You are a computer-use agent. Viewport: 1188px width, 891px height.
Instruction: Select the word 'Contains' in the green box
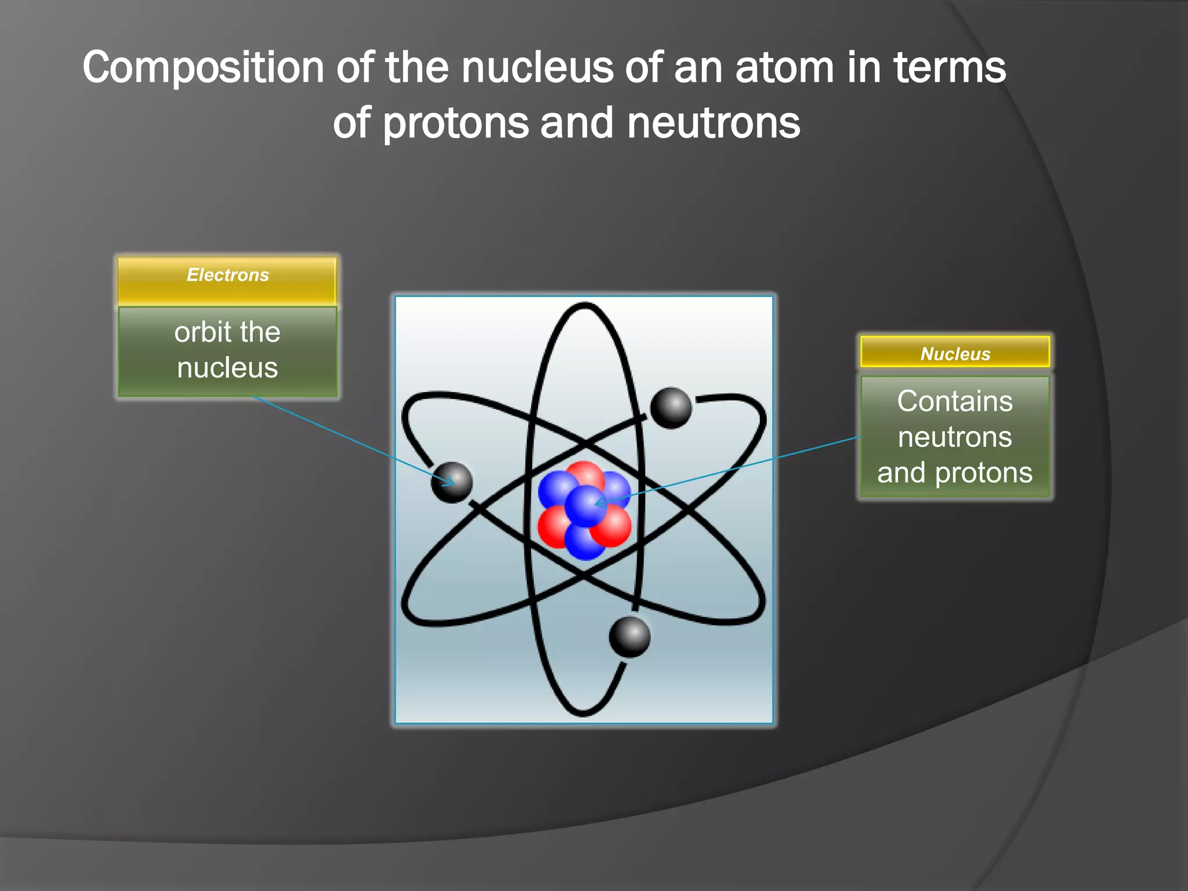(x=955, y=401)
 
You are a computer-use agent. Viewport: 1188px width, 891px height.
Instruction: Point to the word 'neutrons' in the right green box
(x=955, y=437)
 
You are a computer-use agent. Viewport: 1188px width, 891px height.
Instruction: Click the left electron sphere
(x=451, y=482)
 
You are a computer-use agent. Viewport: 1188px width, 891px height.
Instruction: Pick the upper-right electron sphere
(x=671, y=408)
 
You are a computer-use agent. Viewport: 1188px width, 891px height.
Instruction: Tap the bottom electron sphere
(x=629, y=637)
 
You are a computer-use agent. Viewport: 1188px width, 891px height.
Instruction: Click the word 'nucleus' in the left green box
(x=227, y=368)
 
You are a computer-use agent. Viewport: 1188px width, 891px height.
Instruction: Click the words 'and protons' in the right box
(x=955, y=473)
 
